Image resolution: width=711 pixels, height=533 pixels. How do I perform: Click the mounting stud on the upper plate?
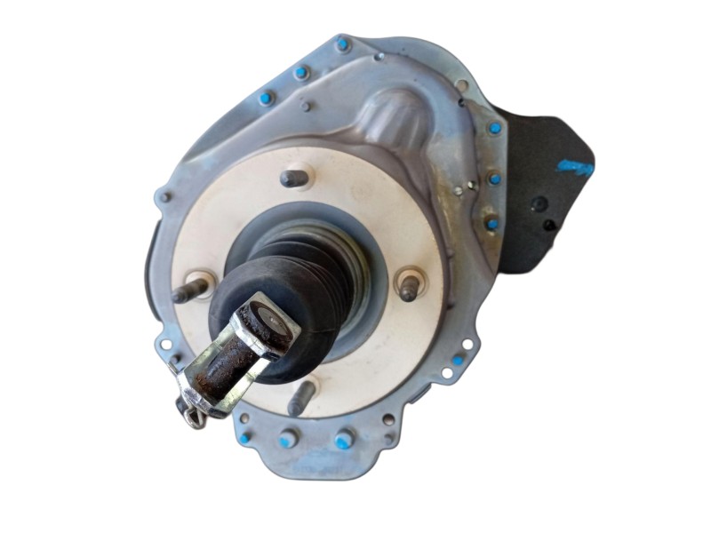[295, 179]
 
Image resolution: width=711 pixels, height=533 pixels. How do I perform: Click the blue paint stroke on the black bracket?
[576, 166]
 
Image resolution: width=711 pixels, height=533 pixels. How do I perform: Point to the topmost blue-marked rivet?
[342, 44]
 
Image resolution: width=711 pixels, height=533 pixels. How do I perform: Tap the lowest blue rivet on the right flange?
[491, 223]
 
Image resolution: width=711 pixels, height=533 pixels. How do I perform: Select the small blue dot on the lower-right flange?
[458, 361]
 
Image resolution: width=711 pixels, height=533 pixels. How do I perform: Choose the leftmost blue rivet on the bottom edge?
[244, 437]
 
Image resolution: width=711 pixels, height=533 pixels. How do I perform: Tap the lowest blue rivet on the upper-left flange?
[264, 99]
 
